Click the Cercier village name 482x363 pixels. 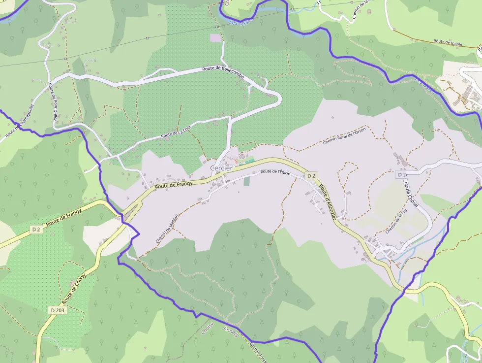click(221, 168)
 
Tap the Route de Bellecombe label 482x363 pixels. click(223, 69)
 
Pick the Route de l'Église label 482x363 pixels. click(275, 172)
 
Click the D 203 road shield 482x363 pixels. click(57, 310)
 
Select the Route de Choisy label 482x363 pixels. click(74, 288)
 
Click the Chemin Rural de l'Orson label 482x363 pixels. click(344, 139)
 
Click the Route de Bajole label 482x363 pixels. click(449, 42)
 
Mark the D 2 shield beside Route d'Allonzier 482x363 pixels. click(311, 175)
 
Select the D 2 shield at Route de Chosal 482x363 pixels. click(401, 174)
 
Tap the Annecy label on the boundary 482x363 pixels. click(231, 332)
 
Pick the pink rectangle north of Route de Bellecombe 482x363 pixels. click(215, 37)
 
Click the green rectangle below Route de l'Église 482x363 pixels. click(246, 181)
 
